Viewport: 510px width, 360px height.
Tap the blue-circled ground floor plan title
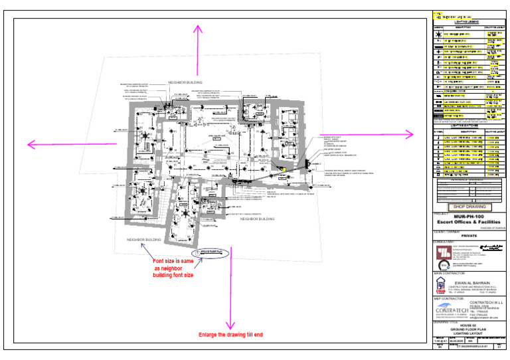(x=210, y=253)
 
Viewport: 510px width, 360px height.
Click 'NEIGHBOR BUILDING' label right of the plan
(x=257, y=219)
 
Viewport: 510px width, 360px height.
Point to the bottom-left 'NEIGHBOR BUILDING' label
(x=144, y=239)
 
